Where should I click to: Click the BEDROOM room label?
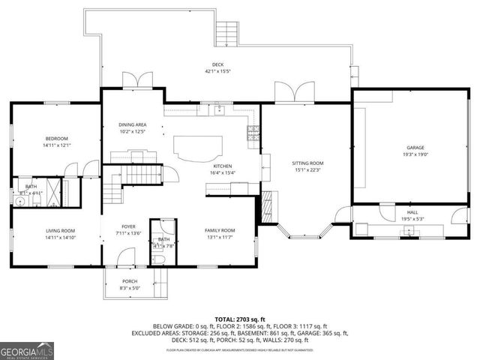click(x=56, y=139)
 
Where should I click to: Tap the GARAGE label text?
click(x=415, y=148)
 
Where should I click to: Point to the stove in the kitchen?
click(x=253, y=135)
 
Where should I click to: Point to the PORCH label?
click(x=130, y=281)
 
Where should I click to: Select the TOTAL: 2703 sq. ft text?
click(x=240, y=319)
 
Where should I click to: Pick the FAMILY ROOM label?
click(x=220, y=230)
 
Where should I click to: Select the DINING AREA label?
click(x=132, y=124)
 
